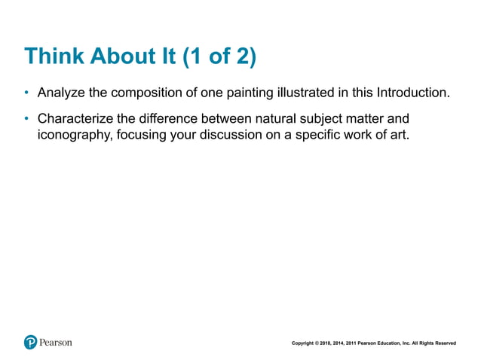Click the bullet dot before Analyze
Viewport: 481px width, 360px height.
click(x=26, y=94)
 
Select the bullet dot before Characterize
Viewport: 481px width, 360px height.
click(x=26, y=119)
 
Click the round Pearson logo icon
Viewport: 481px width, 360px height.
click(x=30, y=342)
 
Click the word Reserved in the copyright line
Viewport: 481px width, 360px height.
click(x=444, y=343)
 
